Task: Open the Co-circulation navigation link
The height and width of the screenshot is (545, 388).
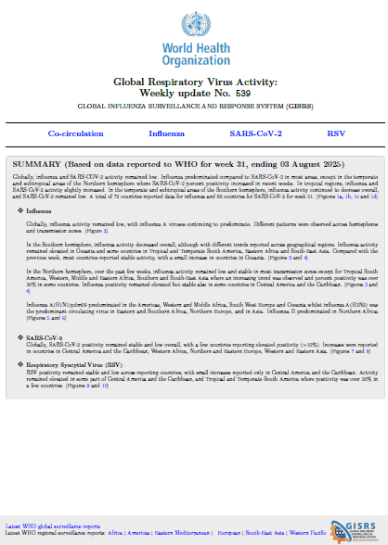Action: [76, 134]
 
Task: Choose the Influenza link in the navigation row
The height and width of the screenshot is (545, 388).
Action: [166, 134]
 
